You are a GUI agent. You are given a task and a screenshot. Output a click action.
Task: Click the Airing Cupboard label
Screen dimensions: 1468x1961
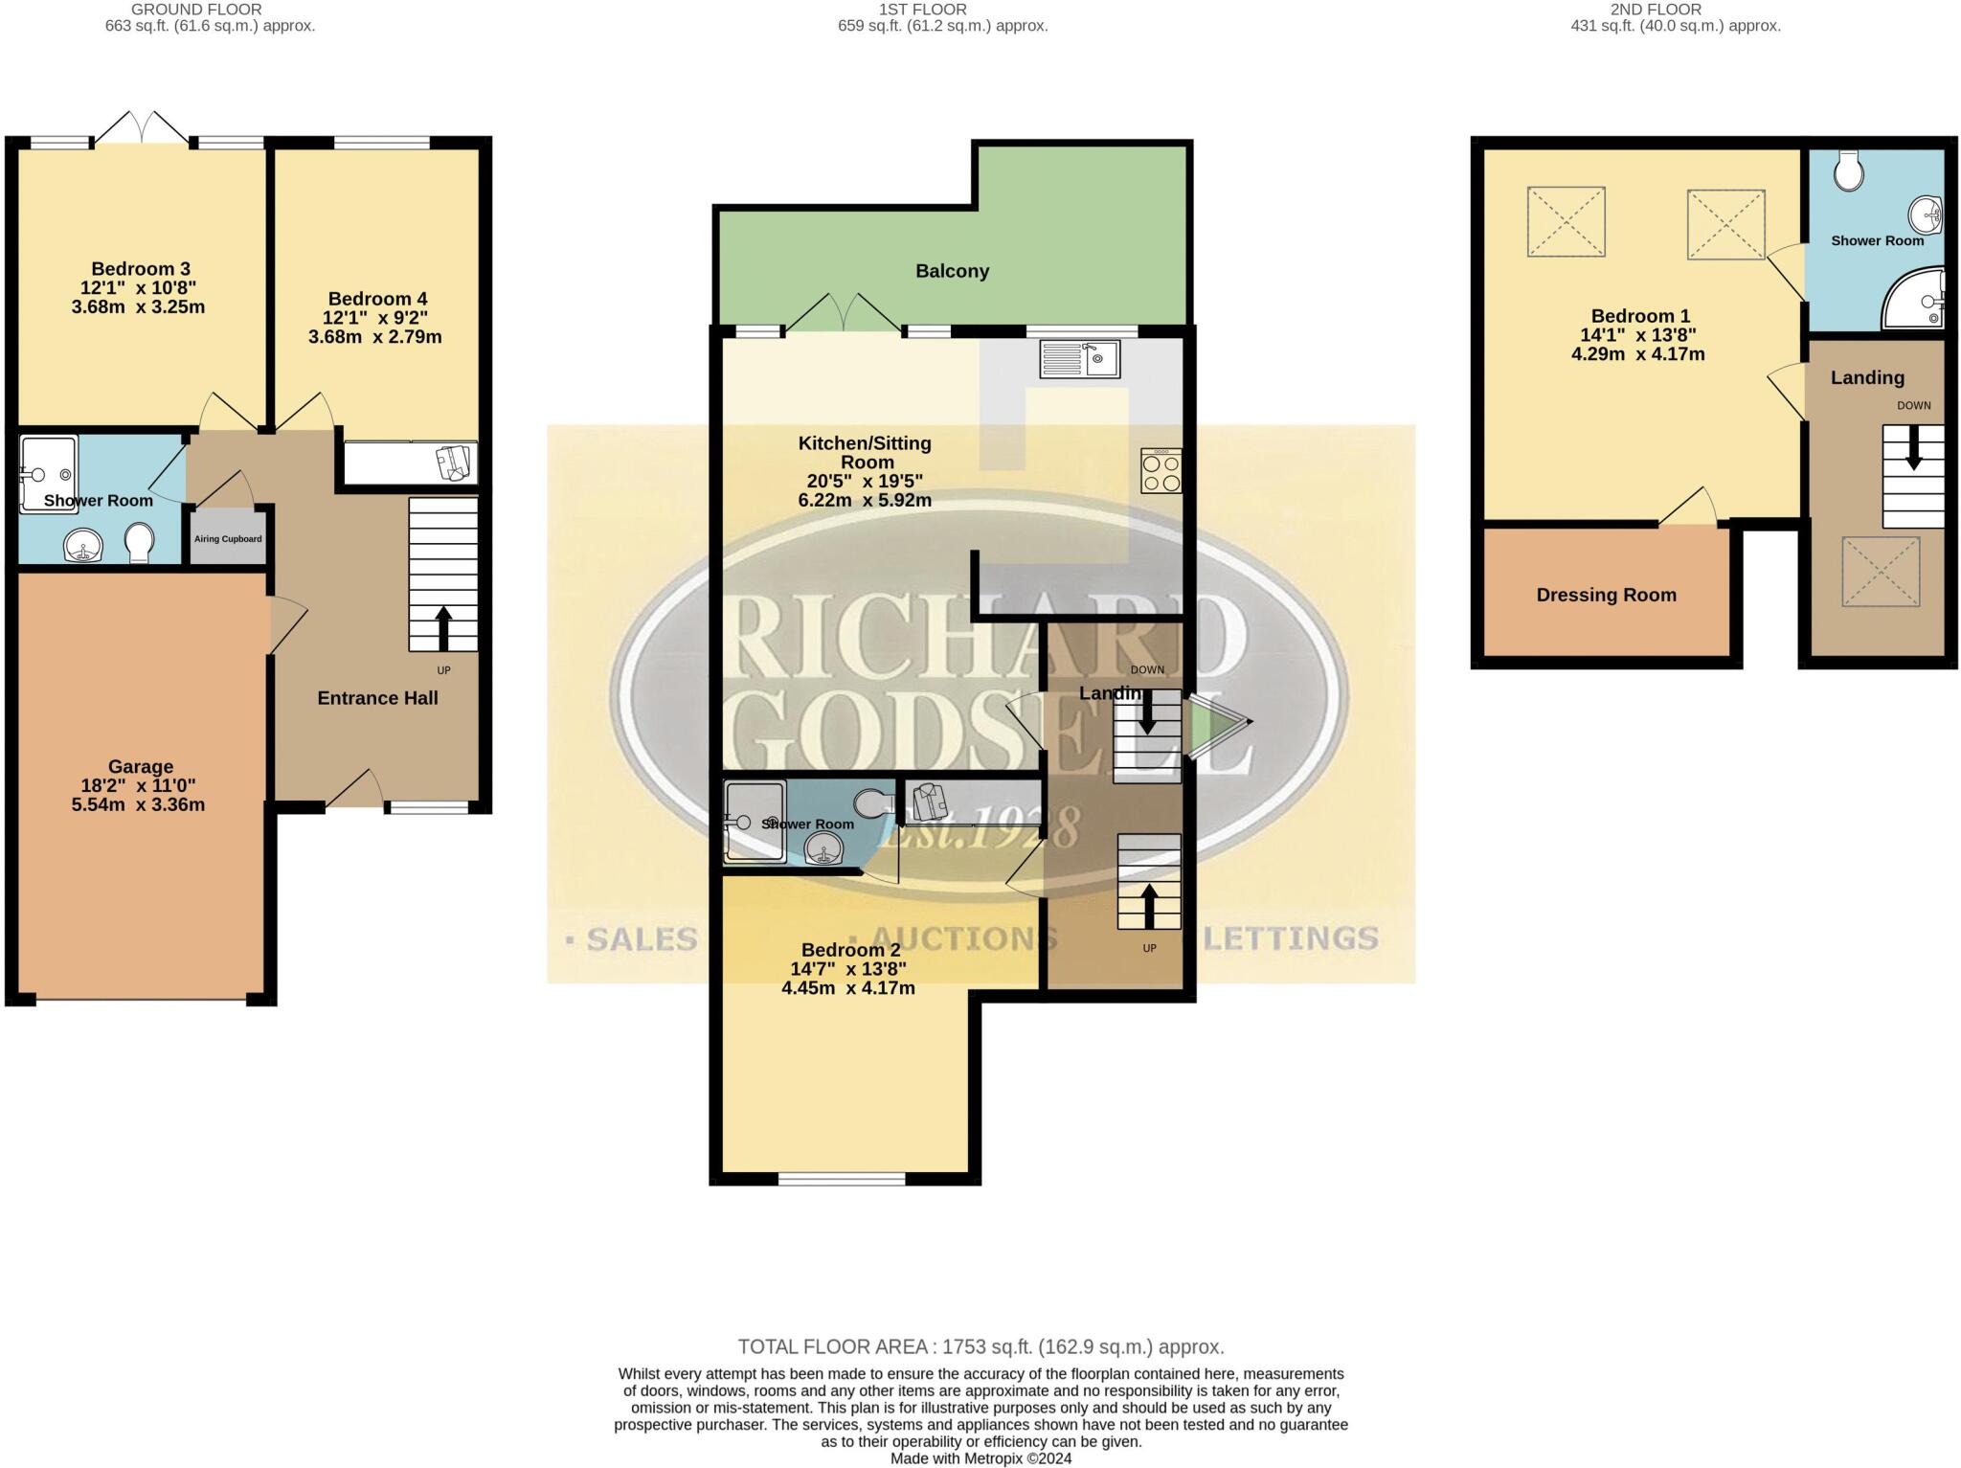click(x=228, y=539)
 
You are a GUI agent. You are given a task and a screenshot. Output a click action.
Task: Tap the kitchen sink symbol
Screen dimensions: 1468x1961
click(x=1080, y=360)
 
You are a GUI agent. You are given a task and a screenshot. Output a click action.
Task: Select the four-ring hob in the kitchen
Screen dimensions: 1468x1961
click(x=1161, y=471)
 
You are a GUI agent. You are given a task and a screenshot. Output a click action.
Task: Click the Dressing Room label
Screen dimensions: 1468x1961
click(x=1606, y=595)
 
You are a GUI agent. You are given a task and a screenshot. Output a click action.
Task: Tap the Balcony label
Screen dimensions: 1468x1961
click(x=952, y=271)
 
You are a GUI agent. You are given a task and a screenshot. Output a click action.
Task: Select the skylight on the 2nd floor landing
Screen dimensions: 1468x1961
click(x=1881, y=572)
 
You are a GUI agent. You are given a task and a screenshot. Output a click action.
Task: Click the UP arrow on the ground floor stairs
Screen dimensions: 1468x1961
click(x=443, y=628)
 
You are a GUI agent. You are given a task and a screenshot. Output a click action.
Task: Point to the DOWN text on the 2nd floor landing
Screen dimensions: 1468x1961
click(x=1913, y=405)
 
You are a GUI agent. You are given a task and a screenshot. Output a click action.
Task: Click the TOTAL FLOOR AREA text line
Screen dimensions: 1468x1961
click(x=980, y=1346)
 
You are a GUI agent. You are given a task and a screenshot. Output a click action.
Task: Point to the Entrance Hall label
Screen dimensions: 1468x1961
click(x=377, y=698)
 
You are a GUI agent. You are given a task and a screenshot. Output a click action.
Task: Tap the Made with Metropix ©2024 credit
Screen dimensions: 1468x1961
click(x=980, y=1458)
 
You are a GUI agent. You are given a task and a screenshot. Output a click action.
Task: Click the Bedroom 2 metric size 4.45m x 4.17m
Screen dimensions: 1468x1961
click(x=847, y=987)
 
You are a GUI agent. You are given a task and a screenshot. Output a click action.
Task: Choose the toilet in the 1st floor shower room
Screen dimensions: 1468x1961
click(x=873, y=803)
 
